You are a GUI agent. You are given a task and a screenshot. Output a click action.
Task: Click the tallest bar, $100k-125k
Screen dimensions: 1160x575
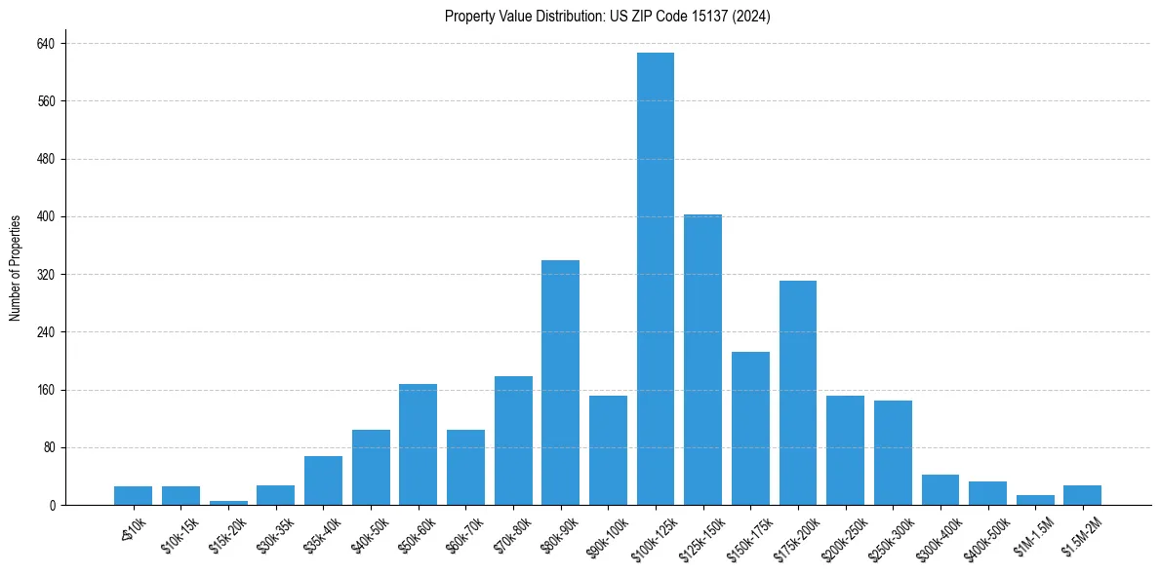[x=656, y=279]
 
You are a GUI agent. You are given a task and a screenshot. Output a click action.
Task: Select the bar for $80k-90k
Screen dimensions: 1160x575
[x=560, y=383]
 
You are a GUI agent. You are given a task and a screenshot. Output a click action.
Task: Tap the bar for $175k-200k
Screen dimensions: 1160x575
[x=797, y=393]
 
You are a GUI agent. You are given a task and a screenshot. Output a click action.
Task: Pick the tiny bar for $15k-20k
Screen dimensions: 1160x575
[x=228, y=503]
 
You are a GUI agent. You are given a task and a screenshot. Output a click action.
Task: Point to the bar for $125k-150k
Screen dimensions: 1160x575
[x=702, y=360]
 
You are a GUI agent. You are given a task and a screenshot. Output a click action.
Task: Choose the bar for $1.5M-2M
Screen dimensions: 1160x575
[x=1082, y=495]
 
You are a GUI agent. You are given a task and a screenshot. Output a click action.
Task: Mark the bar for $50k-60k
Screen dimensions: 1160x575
[x=418, y=445]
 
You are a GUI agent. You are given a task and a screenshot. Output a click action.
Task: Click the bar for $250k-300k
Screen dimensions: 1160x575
[x=893, y=453]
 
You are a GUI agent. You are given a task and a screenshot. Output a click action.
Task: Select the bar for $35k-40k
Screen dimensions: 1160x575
[x=323, y=480]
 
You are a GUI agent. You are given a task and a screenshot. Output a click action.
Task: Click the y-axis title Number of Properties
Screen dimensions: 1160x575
[x=14, y=268]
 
